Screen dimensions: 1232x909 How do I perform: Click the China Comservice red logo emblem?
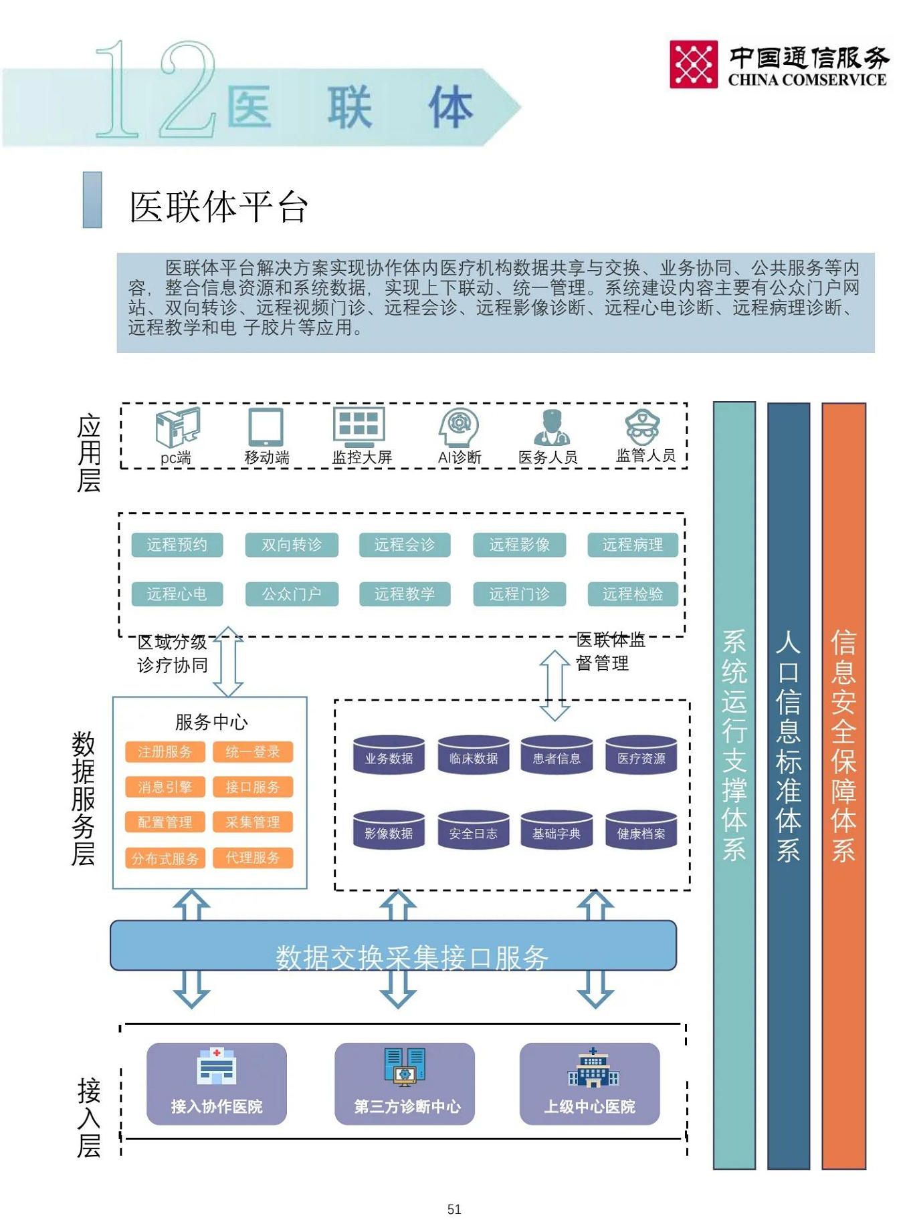693,64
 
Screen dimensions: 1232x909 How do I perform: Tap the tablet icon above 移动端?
266,426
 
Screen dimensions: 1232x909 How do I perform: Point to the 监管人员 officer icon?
642,426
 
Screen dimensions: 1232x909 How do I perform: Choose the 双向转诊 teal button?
291,545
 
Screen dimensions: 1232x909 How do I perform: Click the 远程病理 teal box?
632,545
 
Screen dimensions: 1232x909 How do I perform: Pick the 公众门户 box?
291,594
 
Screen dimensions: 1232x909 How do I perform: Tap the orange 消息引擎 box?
165,787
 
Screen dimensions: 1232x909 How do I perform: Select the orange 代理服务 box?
252,858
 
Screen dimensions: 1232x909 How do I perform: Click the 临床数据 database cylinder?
473,756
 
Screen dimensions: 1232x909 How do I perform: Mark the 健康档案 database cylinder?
641,831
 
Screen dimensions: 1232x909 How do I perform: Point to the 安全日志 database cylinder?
473,831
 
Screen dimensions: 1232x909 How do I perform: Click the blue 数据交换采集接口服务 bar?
393,945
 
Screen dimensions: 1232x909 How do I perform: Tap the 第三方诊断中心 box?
405,1084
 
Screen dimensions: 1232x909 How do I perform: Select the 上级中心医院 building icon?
593,1068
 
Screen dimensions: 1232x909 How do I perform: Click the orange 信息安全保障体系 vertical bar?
843,785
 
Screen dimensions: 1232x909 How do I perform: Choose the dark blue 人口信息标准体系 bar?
788,785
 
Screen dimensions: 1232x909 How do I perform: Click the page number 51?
454,1209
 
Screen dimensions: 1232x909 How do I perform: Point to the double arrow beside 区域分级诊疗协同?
228,662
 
